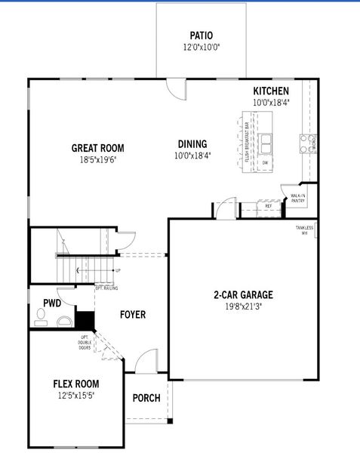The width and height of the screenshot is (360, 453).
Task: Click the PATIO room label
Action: pos(201,35)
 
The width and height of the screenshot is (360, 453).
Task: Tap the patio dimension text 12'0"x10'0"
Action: pos(201,47)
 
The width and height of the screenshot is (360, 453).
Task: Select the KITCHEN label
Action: pos(271,91)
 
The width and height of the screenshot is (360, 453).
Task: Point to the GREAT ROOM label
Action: pos(97,149)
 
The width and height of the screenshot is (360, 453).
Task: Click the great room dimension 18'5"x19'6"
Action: pos(97,160)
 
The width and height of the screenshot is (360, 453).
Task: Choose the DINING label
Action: pos(192,144)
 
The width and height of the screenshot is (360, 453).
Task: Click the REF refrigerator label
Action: pos(268,205)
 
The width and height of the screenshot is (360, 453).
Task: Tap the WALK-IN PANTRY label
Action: pos(297,198)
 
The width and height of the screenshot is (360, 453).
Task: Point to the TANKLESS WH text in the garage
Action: pos(304,230)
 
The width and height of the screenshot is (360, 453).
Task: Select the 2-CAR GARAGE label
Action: pos(243,294)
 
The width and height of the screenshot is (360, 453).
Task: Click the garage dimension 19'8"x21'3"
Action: pos(243,306)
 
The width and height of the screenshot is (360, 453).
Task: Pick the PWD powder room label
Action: pos(52,303)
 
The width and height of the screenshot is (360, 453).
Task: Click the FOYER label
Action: pos(132,315)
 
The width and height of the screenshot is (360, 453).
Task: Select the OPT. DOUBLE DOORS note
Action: pos(85,342)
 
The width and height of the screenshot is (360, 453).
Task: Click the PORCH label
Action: pos(146,398)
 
